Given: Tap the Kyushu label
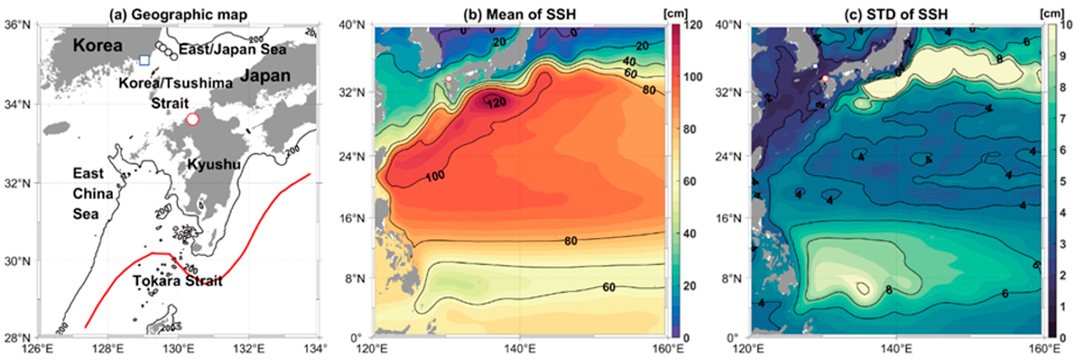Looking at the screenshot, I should [214, 164].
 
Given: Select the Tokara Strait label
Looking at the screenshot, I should [178, 281].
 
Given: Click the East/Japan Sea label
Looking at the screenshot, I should [233, 49].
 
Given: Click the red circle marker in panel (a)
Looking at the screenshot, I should [192, 119].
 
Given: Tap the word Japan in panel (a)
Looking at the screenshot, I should [265, 76].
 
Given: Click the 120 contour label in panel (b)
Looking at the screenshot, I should [496, 102].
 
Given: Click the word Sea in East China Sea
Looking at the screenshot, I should [86, 214].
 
